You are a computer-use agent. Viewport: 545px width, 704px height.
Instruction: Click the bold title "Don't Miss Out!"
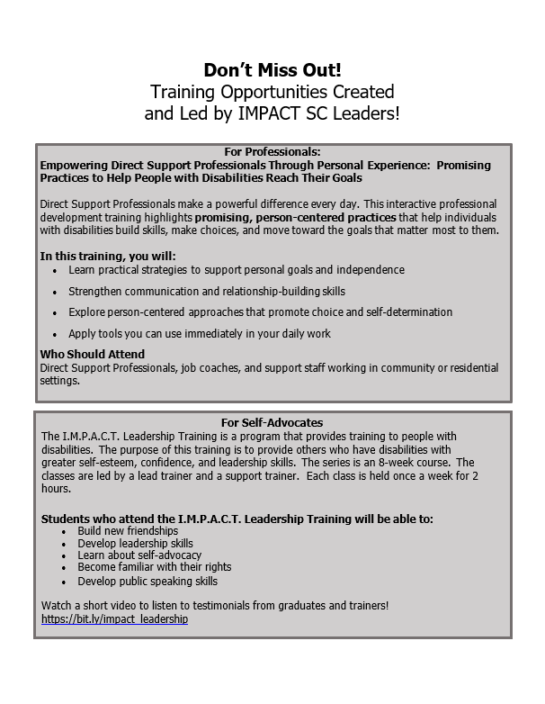point(272,70)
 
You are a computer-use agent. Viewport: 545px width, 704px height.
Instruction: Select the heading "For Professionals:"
point(272,152)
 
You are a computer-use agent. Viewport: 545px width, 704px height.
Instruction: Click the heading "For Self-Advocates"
point(272,422)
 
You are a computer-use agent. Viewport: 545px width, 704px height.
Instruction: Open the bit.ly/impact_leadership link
point(115,620)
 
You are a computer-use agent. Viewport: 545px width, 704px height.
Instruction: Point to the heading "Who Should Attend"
point(93,355)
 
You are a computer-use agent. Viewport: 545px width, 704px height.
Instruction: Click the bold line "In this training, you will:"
point(108,255)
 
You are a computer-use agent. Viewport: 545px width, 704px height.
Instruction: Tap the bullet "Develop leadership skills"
point(135,544)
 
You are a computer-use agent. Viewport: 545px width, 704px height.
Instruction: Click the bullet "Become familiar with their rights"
point(154,567)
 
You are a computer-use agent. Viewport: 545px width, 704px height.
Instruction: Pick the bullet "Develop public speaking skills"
point(147,581)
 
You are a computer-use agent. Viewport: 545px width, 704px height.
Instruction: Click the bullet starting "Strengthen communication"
point(207,291)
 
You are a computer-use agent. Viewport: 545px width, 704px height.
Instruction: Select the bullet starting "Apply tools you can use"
point(200,333)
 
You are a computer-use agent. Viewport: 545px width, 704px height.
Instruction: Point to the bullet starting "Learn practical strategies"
point(237,269)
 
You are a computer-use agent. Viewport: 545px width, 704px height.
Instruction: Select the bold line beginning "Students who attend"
point(237,519)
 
